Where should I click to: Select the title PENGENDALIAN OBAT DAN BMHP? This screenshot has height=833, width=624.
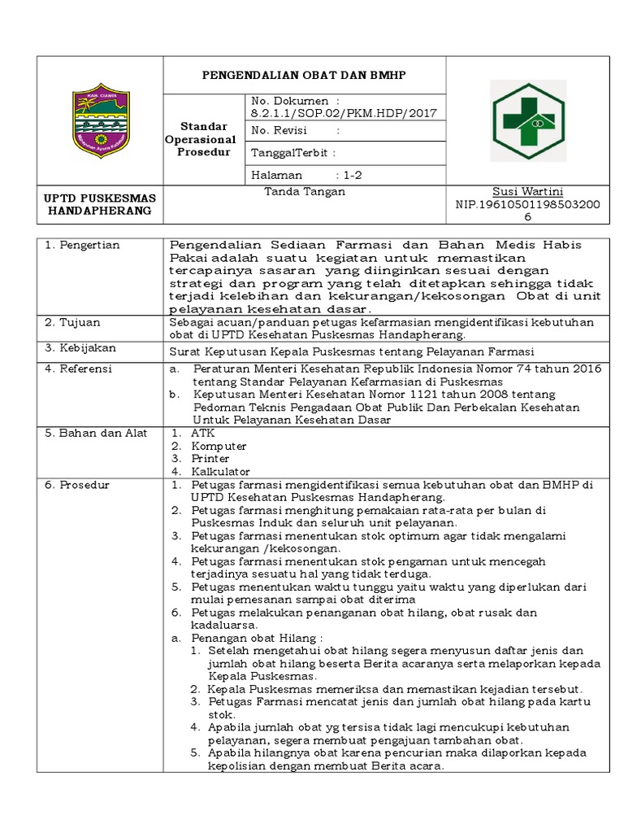[x=304, y=75]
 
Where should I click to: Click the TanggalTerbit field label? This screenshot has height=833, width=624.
[x=293, y=153]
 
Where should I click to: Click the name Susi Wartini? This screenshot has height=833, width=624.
[x=527, y=192]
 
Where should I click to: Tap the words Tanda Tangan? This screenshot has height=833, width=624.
[x=305, y=192]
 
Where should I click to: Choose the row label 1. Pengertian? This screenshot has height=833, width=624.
[x=82, y=245]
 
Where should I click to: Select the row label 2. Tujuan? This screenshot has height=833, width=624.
[x=74, y=323]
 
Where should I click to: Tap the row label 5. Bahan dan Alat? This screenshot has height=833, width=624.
[x=96, y=434]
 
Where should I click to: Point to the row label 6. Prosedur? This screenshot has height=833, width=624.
[x=78, y=486]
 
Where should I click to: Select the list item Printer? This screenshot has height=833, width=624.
[x=211, y=459]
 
